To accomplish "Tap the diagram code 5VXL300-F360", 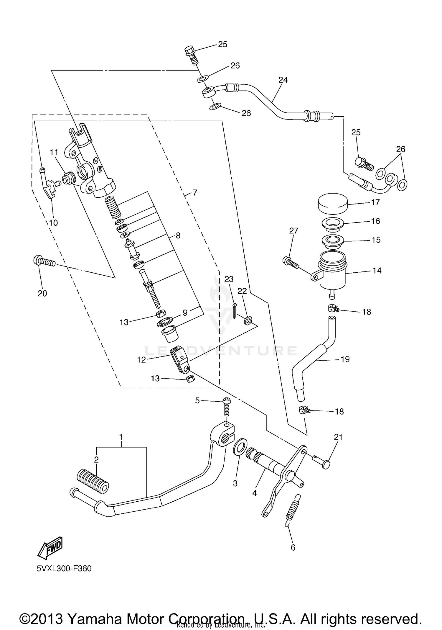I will click(64, 568).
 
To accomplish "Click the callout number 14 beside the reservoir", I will click(377, 271).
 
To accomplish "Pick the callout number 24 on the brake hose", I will click(283, 80).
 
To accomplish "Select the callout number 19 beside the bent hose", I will click(345, 359).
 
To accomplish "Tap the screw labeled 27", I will click(291, 262).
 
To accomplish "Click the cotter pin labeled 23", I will click(234, 311).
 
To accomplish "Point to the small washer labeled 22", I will click(248, 320).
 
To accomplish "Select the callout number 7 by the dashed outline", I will click(195, 193).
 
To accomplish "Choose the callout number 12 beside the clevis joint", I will click(141, 360).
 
